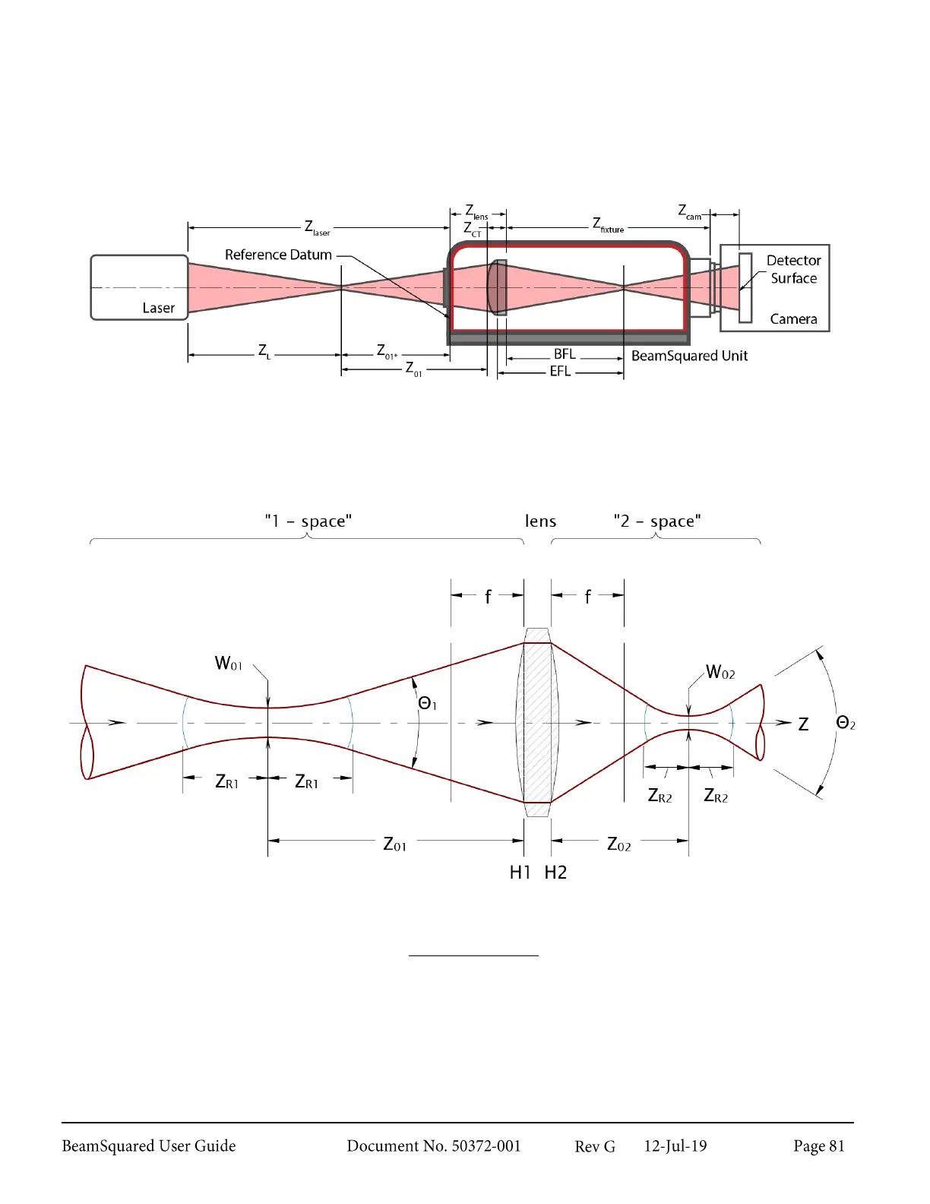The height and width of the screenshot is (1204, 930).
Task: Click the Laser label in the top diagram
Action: click(158, 308)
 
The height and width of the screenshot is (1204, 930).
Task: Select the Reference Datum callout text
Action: click(278, 255)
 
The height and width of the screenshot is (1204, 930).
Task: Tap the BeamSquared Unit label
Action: click(689, 356)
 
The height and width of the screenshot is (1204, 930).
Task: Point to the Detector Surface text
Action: click(793, 269)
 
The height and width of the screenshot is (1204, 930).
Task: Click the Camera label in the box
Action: click(793, 319)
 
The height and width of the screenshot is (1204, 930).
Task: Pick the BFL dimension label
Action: click(565, 354)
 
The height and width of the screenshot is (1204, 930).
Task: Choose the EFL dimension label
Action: click(560, 372)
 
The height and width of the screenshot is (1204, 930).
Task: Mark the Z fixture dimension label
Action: click(608, 225)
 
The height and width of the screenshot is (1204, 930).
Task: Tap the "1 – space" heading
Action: click(308, 521)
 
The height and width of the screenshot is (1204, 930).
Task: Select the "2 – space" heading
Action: click(656, 521)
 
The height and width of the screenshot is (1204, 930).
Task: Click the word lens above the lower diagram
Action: click(540, 521)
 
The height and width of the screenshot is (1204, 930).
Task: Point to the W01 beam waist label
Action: click(228, 664)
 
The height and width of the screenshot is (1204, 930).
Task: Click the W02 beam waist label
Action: click(720, 672)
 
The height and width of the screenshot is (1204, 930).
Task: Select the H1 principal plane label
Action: click(520, 873)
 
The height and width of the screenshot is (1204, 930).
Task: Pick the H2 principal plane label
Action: click(555, 873)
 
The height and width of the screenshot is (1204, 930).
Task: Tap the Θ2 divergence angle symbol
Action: click(845, 723)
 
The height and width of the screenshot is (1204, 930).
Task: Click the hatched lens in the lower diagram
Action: click(537, 722)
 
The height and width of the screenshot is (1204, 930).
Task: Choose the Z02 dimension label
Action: click(618, 844)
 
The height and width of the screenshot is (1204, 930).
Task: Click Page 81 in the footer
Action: click(818, 1146)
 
